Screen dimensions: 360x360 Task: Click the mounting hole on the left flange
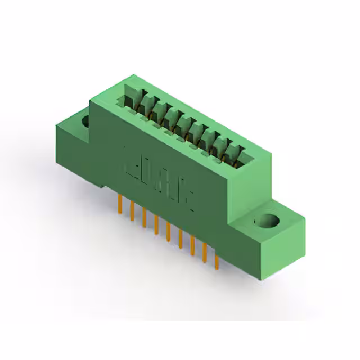coord(85,121)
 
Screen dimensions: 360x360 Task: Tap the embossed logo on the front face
coord(158,169)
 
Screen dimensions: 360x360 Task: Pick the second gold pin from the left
coord(132,209)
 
